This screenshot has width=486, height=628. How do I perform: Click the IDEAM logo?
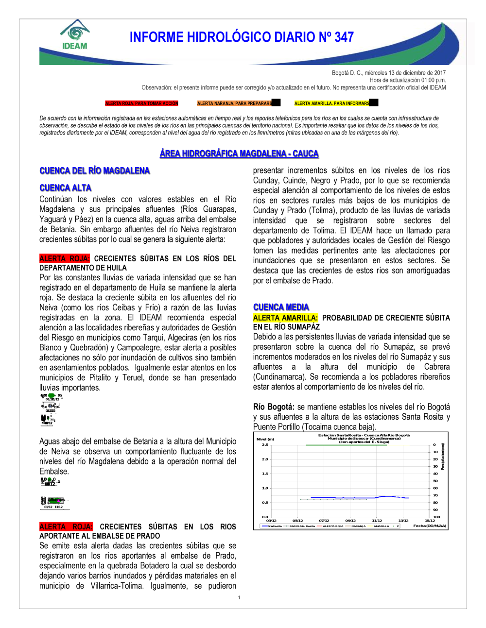(x=75, y=35)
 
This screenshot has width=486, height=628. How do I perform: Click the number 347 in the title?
(x=344, y=37)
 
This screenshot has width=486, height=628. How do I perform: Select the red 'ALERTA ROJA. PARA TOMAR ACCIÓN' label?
(x=142, y=103)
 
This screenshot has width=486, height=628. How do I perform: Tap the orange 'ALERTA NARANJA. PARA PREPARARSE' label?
(x=235, y=103)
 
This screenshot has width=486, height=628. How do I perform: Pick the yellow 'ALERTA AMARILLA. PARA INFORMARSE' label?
(x=332, y=103)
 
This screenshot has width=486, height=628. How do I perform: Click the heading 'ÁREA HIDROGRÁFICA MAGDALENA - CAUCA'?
(x=239, y=154)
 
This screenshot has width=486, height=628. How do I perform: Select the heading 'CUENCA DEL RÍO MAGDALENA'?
(x=95, y=171)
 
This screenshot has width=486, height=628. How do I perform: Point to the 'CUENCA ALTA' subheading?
(x=66, y=188)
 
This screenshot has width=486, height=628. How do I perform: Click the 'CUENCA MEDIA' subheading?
(x=281, y=307)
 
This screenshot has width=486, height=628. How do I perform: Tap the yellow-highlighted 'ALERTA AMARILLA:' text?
(x=285, y=318)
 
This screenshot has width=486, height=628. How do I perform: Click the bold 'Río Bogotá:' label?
(x=274, y=407)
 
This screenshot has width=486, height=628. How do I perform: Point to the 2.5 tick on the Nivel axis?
(x=265, y=445)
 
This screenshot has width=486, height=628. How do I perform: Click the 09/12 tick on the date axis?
(x=350, y=521)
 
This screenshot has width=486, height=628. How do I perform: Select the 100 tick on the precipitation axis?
(x=436, y=517)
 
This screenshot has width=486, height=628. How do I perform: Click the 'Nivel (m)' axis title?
(x=265, y=439)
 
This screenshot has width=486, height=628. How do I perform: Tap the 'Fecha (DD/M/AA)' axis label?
(x=430, y=526)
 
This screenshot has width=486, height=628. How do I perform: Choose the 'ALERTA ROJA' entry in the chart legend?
(x=333, y=526)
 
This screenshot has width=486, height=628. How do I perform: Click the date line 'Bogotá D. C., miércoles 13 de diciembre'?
(x=388, y=73)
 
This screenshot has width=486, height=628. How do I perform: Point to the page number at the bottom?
(x=239, y=597)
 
